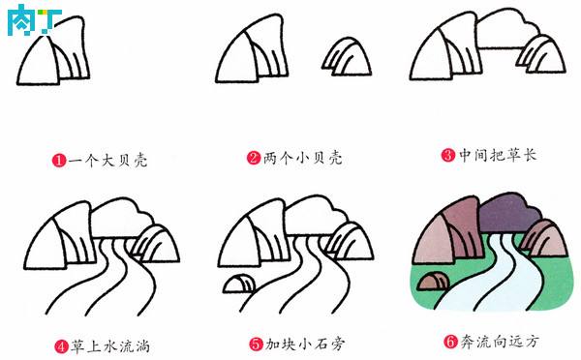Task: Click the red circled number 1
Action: (x=59, y=160)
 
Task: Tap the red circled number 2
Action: (x=254, y=158)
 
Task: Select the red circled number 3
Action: (x=448, y=155)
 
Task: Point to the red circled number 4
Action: (x=62, y=346)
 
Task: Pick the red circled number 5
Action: (x=256, y=345)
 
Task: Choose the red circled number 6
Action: (x=450, y=341)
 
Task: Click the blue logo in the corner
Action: (x=34, y=19)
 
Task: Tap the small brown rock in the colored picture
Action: (x=432, y=282)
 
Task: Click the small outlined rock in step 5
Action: (x=239, y=285)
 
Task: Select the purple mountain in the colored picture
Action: (x=508, y=214)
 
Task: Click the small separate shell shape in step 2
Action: (x=347, y=56)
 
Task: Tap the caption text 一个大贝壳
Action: (x=107, y=160)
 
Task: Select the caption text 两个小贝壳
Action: (x=302, y=158)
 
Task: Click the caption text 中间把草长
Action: (x=498, y=155)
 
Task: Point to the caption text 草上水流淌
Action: (x=110, y=346)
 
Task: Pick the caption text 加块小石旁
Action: (x=305, y=345)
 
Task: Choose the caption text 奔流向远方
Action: (x=499, y=341)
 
